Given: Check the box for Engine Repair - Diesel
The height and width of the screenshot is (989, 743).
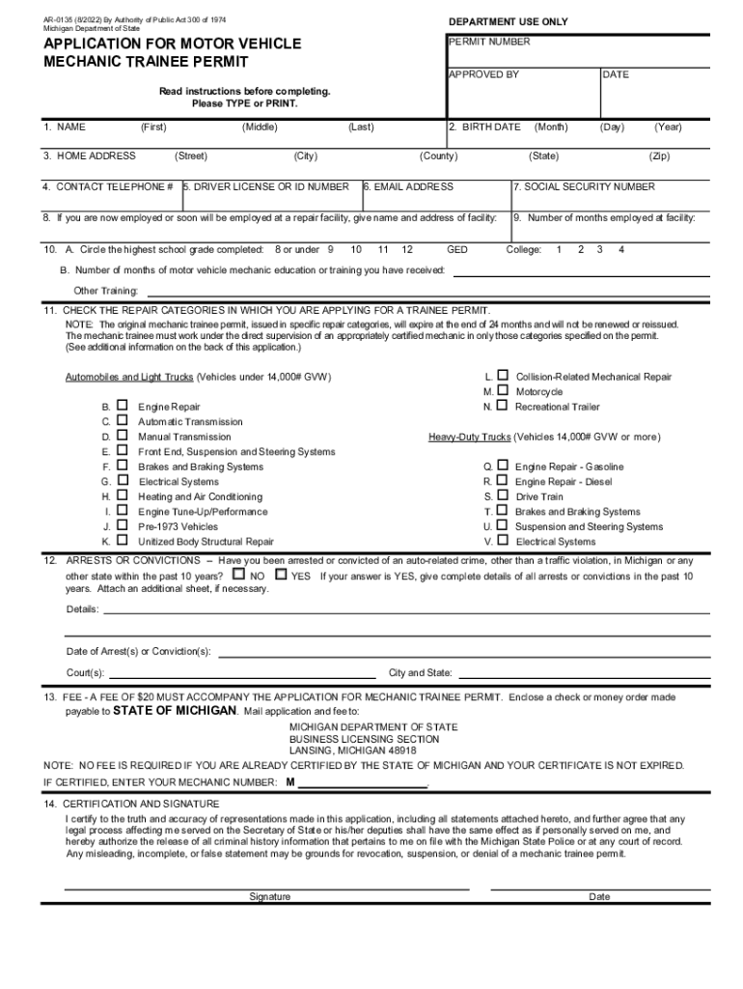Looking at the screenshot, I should coord(503,480).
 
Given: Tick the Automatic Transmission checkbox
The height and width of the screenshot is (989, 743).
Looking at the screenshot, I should coord(123,421).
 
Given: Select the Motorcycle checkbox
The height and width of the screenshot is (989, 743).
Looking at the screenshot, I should coord(503,391).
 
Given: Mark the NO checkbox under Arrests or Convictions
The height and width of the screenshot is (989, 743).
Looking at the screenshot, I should coord(238,574).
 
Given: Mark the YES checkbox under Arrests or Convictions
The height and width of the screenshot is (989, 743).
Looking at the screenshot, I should coord(281,574).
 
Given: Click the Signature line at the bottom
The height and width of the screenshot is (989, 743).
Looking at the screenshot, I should coord(267,887).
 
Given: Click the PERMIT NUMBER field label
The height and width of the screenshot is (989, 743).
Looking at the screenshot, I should coord(489,42).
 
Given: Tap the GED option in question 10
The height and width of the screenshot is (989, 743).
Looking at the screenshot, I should coord(457,250).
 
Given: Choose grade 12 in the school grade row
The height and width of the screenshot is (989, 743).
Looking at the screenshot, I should coord(407,250).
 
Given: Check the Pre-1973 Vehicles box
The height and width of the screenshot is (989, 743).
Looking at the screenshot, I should coord(123,526).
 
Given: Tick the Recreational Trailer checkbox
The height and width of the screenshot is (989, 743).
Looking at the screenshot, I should coord(503,407).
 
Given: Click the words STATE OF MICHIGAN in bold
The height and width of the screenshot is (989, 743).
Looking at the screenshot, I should coord(175,711).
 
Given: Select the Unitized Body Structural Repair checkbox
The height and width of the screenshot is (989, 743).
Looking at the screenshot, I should coord(123,541).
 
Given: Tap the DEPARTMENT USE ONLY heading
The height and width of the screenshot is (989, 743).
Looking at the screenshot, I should coord(508,22).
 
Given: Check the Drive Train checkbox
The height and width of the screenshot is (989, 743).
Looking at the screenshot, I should coord(503,495).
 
